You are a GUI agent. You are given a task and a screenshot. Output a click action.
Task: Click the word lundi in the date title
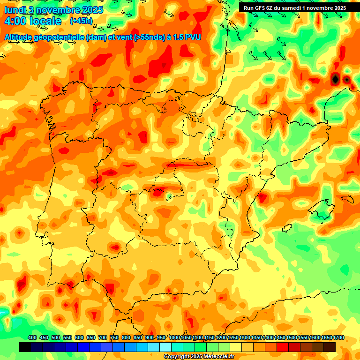pyautogui.click(x=15, y=10)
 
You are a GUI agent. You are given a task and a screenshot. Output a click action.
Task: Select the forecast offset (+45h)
pyautogui.click(x=81, y=21)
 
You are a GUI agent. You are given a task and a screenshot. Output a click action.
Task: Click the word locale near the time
pyautogui.click(x=46, y=21)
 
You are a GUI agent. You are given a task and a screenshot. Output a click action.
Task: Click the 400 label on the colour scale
pyautogui.click(x=32, y=337)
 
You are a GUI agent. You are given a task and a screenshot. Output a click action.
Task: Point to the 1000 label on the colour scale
pyautogui.click(x=174, y=337)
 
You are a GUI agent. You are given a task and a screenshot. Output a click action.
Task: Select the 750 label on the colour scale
pyautogui.click(x=114, y=337)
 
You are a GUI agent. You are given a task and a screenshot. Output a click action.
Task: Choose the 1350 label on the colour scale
pyautogui.click(x=256, y=337)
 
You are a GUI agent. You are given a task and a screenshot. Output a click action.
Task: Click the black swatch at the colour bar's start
pyautogui.click(x=25, y=347)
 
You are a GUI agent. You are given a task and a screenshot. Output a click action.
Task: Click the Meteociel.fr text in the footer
pyautogui.click(x=218, y=357)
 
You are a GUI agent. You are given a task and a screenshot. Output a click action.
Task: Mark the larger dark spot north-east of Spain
pyautogui.click(x=335, y=79)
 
